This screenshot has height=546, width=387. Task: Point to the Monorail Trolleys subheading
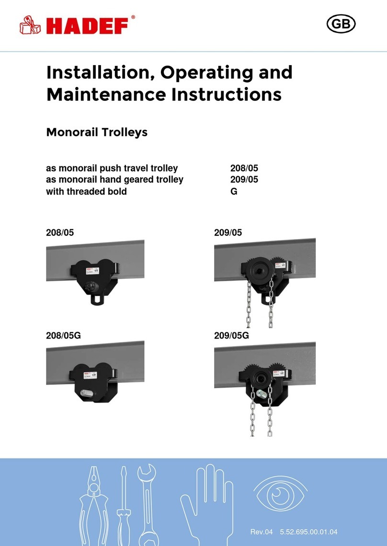click(96, 132)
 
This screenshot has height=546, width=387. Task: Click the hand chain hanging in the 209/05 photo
click(272, 306)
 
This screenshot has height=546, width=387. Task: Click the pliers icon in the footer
click(96, 502)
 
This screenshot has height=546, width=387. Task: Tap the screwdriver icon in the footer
click(123, 507)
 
